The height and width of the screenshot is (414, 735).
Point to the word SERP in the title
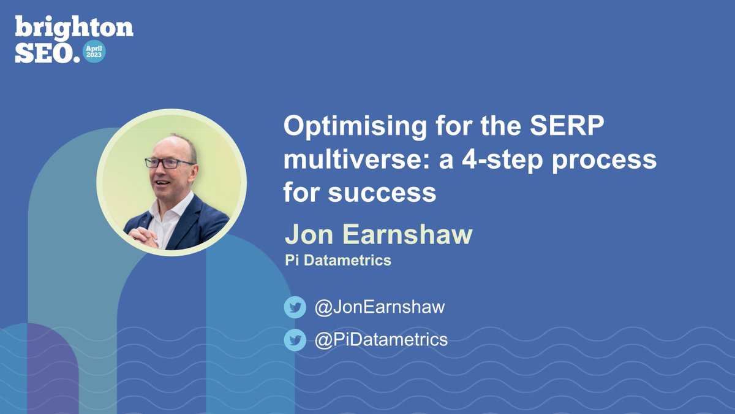549,129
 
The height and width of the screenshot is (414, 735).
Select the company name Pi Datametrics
337,261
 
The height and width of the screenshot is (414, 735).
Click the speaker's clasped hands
144,236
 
